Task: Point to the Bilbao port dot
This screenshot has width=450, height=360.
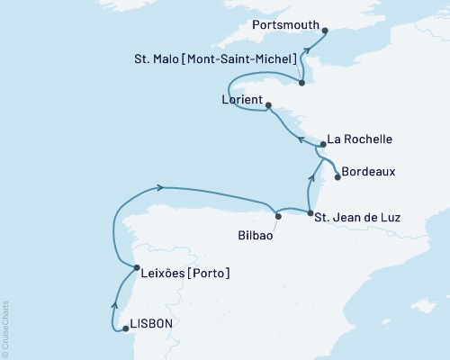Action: click(x=278, y=216)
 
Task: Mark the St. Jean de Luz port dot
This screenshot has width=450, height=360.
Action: click(x=310, y=213)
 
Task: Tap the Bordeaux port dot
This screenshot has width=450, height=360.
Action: click(x=337, y=177)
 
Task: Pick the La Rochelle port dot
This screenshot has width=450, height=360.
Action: click(x=321, y=144)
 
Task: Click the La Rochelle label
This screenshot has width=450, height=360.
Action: click(x=360, y=139)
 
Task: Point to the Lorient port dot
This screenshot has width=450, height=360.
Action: click(x=268, y=105)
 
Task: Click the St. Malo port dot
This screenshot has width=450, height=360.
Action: click(x=302, y=83)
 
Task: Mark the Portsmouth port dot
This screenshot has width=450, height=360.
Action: click(x=325, y=31)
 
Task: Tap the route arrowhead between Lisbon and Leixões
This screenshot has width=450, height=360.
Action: click(x=113, y=304)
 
